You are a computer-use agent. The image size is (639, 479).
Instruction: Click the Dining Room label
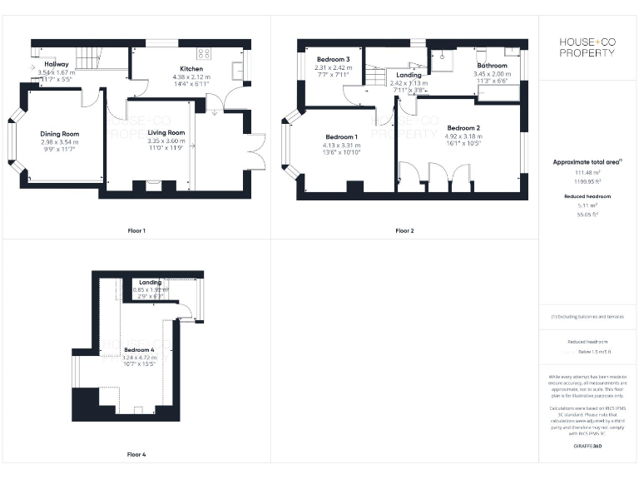(60, 134)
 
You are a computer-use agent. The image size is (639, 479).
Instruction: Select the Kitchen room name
(192, 69)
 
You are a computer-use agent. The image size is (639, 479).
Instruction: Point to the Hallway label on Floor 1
(57, 64)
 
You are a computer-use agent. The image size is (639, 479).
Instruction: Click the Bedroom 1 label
(341, 136)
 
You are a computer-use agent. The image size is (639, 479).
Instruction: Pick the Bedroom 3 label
(333, 59)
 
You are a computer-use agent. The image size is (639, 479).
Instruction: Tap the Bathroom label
(492, 65)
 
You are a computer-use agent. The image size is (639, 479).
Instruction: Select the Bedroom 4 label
(139, 349)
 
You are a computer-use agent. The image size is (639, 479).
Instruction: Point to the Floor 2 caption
(404, 230)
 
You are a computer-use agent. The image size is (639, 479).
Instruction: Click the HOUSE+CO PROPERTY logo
(587, 47)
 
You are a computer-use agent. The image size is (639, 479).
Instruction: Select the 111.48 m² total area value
(587, 172)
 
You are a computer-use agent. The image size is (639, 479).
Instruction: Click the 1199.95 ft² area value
(587, 180)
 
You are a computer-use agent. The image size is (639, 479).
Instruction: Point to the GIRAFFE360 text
(587, 447)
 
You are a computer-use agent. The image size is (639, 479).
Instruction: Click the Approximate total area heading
(587, 162)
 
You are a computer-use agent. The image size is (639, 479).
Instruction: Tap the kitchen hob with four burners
(206, 53)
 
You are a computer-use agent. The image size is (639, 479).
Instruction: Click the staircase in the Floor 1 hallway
(87, 58)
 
